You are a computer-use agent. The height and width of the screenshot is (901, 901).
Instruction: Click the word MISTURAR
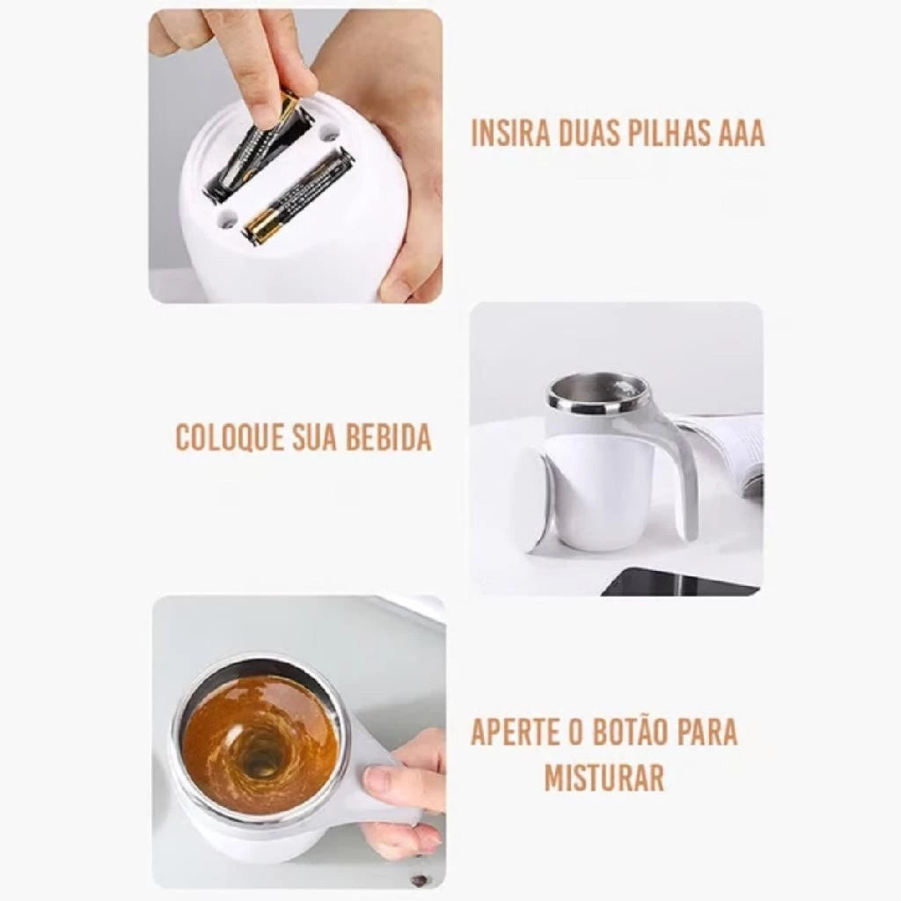(x=604, y=778)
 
